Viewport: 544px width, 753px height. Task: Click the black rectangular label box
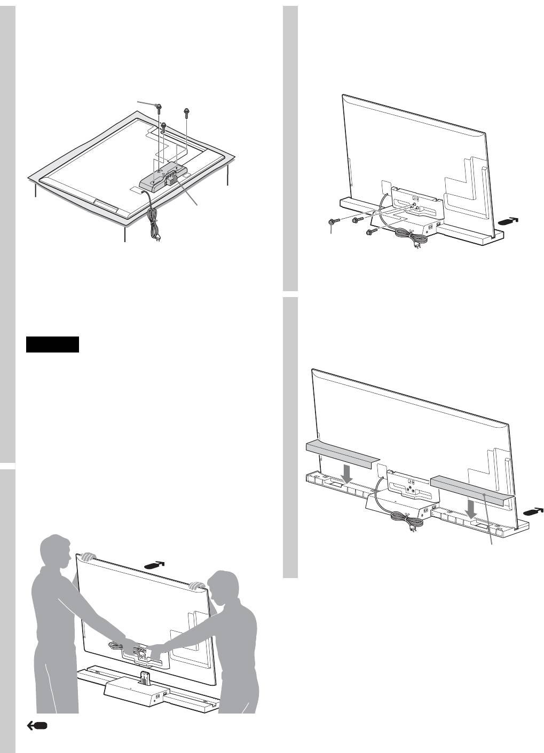[x=52, y=345]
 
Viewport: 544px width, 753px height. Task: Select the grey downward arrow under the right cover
[x=471, y=509]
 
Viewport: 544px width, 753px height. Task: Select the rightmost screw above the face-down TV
[x=186, y=113]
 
